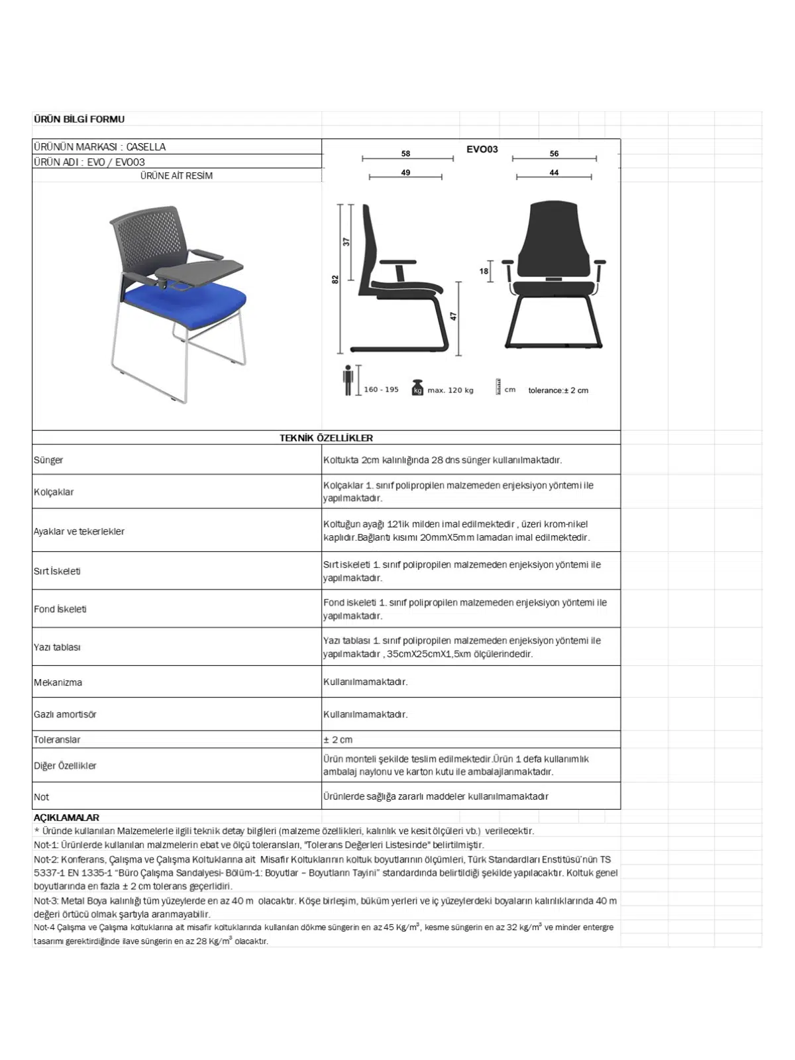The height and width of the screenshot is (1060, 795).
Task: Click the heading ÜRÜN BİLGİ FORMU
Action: (x=79, y=119)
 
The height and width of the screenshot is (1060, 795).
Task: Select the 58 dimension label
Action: (x=405, y=154)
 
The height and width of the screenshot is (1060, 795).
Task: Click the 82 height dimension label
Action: (x=335, y=280)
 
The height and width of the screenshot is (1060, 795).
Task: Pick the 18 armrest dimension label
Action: (x=484, y=271)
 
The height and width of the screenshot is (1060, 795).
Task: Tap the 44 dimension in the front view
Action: (x=554, y=173)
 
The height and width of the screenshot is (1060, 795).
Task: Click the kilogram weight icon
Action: (x=417, y=388)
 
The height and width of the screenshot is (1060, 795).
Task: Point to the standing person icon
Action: (x=348, y=380)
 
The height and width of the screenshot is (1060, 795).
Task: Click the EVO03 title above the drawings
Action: (x=482, y=149)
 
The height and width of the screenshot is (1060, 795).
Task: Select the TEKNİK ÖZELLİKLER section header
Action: (x=326, y=438)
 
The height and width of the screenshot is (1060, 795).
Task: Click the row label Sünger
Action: (x=48, y=460)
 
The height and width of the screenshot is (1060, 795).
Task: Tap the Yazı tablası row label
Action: (x=57, y=647)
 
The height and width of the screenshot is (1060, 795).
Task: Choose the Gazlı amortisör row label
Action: (x=65, y=714)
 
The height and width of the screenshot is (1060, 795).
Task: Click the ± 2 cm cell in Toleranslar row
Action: (x=338, y=739)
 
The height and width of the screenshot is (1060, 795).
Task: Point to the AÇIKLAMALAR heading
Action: (x=66, y=818)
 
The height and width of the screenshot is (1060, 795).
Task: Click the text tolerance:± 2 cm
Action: (x=558, y=390)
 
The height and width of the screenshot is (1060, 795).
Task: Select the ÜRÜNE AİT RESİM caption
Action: (x=176, y=176)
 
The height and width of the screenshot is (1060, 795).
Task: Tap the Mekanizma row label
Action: (x=58, y=682)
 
